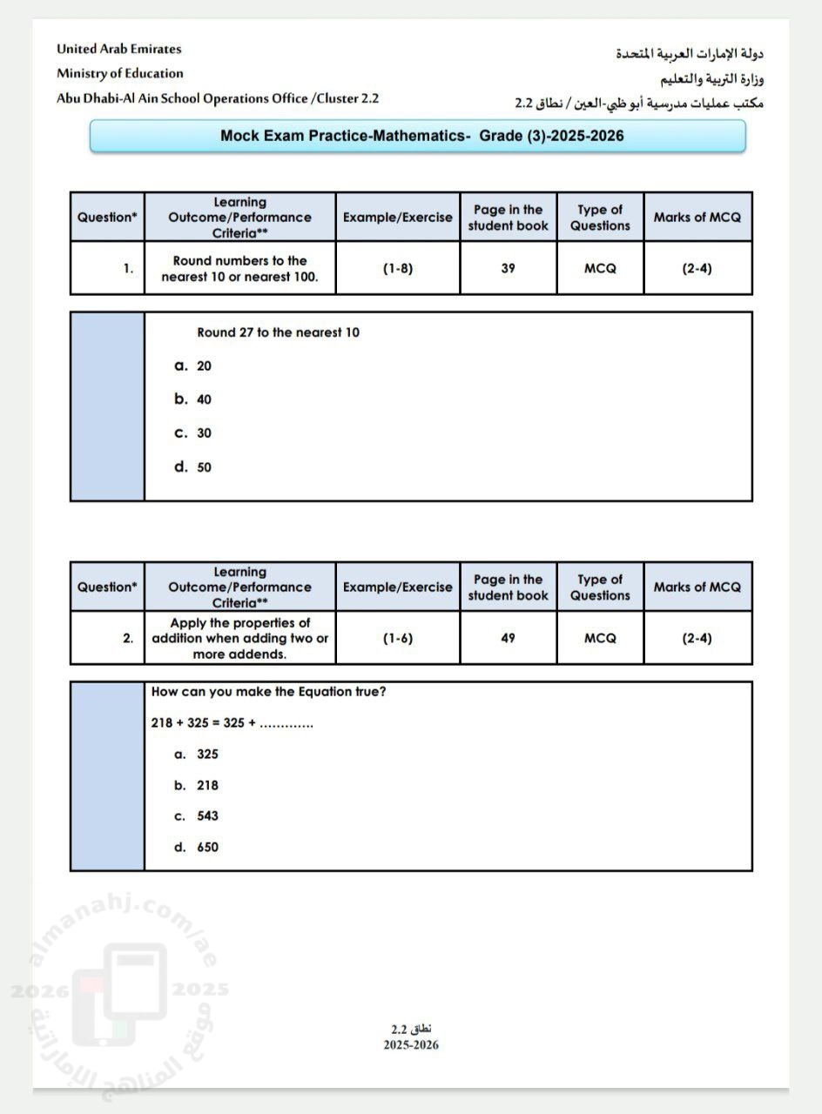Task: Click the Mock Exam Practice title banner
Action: coord(418,136)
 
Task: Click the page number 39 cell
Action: coord(508,268)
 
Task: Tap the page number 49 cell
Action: coord(508,638)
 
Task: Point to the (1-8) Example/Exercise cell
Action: coord(397,268)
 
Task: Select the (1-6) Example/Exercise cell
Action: coord(397,638)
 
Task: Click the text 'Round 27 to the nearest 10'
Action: coord(278,332)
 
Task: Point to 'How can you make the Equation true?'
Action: coord(268,692)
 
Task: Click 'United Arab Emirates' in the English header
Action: coord(118,49)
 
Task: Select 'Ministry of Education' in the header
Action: coord(120,73)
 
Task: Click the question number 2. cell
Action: coord(107,638)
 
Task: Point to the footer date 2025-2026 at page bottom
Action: coord(411,1045)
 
